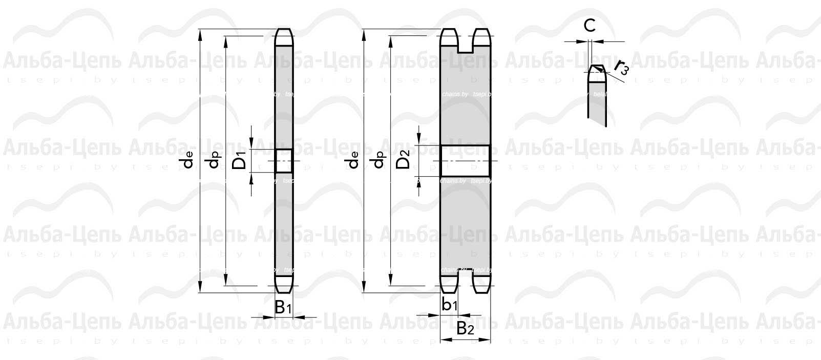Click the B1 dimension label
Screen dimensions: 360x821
click(283, 307)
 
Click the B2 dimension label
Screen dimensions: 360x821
click(465, 329)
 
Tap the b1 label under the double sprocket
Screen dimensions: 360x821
click(449, 305)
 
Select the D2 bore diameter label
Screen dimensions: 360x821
click(404, 160)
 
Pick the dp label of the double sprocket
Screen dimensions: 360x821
click(378, 161)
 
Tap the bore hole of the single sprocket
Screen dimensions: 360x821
click(284, 161)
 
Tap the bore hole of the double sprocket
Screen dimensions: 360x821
click(465, 161)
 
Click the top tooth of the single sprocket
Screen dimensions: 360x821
click(284, 37)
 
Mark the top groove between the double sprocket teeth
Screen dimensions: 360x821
click(465, 45)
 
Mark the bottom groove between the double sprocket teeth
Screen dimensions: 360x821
click(465, 277)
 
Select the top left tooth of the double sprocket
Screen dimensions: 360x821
click(449, 38)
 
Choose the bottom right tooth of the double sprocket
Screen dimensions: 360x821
click(482, 284)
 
